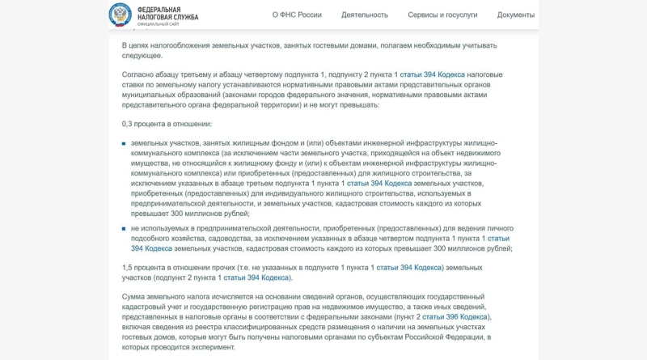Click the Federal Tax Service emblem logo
pos(121,14)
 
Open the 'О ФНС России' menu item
pos(297,15)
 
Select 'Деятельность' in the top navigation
pos(365,15)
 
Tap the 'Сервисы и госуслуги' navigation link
pos(442,15)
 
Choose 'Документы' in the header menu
pos(516,15)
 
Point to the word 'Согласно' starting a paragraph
pos(137,74)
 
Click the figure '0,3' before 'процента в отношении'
pos(127,124)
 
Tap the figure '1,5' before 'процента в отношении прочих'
pos(127,267)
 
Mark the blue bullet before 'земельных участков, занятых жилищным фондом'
pos(124,143)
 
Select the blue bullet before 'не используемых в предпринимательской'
pos(124,229)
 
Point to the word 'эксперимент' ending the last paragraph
pos(213,347)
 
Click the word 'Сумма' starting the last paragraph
pos(134,297)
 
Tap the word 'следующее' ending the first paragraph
pos(142,55)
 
